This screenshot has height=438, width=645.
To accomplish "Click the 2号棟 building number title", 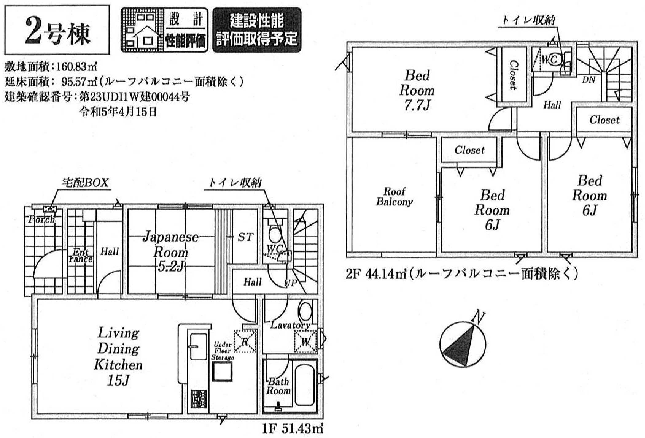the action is pyautogui.click(x=57, y=30).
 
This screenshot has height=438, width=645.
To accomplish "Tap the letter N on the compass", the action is pyautogui.click(x=479, y=318).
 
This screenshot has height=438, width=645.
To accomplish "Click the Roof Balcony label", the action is pyautogui.click(x=394, y=196).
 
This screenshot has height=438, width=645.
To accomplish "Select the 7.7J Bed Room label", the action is pyautogui.click(x=417, y=90).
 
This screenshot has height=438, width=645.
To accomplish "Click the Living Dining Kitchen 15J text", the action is pyautogui.click(x=118, y=356).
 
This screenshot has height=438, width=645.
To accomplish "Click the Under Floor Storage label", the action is pyautogui.click(x=223, y=351).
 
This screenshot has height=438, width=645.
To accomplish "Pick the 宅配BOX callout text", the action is pyautogui.click(x=85, y=183).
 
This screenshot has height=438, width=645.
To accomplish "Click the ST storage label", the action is pyautogui.click(x=245, y=237).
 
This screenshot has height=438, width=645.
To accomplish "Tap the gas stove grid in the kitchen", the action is pyautogui.click(x=199, y=399).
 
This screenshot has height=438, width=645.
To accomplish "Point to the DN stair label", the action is pyautogui.click(x=589, y=80).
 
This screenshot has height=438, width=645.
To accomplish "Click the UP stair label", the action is pyautogui.click(x=290, y=283).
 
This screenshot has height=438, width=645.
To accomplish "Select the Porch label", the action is pyautogui.click(x=42, y=219).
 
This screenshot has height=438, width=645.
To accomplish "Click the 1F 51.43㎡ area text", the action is pyautogui.click(x=293, y=428).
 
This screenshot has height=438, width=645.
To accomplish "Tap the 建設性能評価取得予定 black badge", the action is pyautogui.click(x=257, y=30).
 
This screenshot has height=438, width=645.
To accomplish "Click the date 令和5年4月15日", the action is pyautogui.click(x=118, y=112).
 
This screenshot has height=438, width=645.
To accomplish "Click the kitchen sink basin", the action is pyautogui.click(x=198, y=347).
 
